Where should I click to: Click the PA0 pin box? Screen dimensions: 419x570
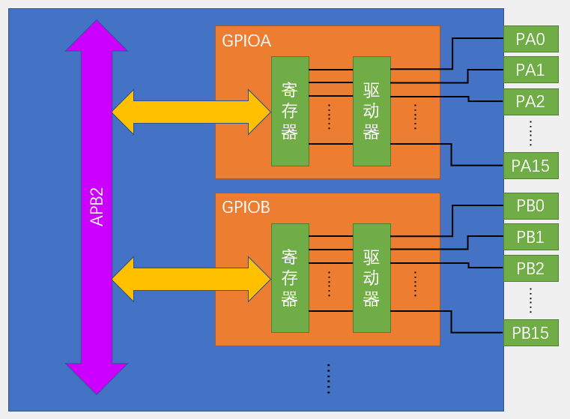(x=530, y=38)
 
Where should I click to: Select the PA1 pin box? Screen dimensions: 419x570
(x=530, y=70)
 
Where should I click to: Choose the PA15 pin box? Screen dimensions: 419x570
(x=530, y=165)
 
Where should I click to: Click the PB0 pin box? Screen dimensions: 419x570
(x=530, y=205)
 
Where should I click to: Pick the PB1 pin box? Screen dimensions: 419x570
(x=530, y=237)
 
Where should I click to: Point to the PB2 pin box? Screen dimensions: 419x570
(x=530, y=268)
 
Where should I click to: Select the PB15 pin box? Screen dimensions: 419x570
(x=530, y=332)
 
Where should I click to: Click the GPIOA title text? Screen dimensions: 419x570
(x=246, y=40)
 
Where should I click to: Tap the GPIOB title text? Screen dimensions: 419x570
(x=246, y=208)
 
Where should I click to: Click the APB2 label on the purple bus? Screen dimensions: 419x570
(x=97, y=207)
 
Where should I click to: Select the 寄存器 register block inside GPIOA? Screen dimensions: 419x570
(x=290, y=111)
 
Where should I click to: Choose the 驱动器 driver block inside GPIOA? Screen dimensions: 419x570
(x=372, y=111)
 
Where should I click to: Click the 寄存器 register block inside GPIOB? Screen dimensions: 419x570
(x=290, y=278)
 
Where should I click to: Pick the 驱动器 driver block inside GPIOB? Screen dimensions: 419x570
(x=372, y=278)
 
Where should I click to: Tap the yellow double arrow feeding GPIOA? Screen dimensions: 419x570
(x=191, y=112)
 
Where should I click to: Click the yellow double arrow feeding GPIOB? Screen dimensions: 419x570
(x=191, y=279)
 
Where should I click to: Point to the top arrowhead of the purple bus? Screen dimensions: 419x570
(x=97, y=37)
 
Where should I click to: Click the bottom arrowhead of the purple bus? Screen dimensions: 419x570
(x=97, y=377)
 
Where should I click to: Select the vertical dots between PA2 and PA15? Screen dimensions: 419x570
(x=530, y=133)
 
